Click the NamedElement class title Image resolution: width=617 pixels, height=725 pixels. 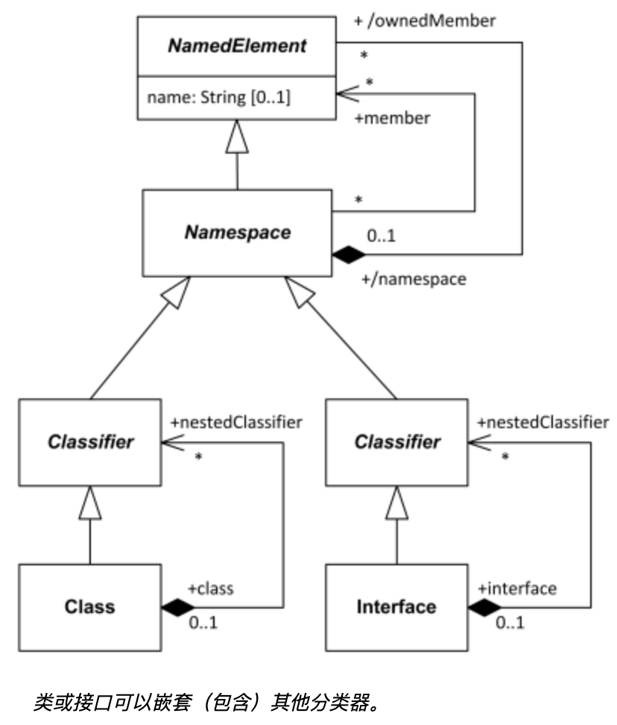236,45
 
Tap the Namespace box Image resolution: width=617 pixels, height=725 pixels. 236,232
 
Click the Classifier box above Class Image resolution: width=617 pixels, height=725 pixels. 90,442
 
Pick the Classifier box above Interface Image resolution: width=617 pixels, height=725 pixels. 396,442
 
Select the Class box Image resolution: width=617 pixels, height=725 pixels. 90,606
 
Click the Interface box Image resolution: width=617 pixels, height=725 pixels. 396,606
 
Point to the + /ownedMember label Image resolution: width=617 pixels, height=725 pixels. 424,21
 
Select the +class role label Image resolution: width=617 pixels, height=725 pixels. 210,589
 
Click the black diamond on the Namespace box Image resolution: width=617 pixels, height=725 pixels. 351,254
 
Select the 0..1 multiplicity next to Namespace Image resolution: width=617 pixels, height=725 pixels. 382,236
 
